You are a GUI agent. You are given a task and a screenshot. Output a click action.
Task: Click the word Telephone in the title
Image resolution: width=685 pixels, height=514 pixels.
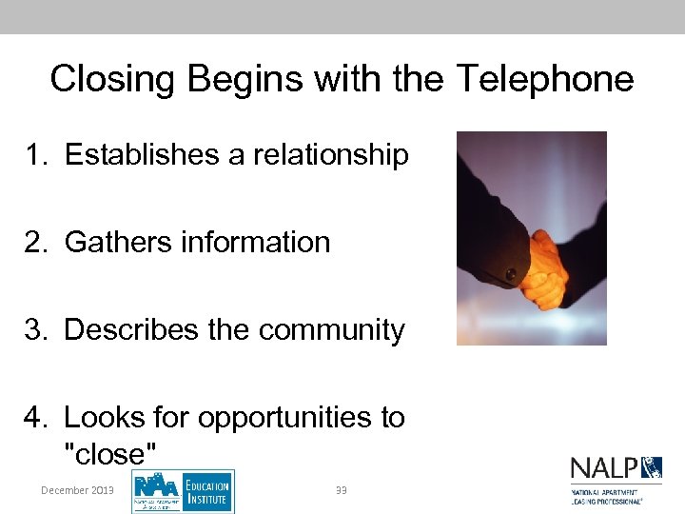click(544, 78)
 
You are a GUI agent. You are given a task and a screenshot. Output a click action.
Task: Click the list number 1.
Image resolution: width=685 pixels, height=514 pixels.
click(36, 154)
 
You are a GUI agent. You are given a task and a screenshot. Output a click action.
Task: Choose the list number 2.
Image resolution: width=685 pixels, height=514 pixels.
click(36, 242)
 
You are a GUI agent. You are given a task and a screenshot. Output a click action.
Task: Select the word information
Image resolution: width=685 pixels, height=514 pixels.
click(256, 242)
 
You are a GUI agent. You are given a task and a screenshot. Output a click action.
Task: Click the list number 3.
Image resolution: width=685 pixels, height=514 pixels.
click(36, 329)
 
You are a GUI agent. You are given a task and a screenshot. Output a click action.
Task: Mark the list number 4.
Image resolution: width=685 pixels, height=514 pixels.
click(36, 417)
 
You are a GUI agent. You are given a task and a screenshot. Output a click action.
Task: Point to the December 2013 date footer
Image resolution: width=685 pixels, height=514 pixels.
click(77, 490)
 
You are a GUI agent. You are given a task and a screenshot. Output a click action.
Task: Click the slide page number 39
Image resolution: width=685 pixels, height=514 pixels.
click(341, 490)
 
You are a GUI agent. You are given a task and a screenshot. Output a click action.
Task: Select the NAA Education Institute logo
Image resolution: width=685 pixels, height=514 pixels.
click(182, 491)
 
